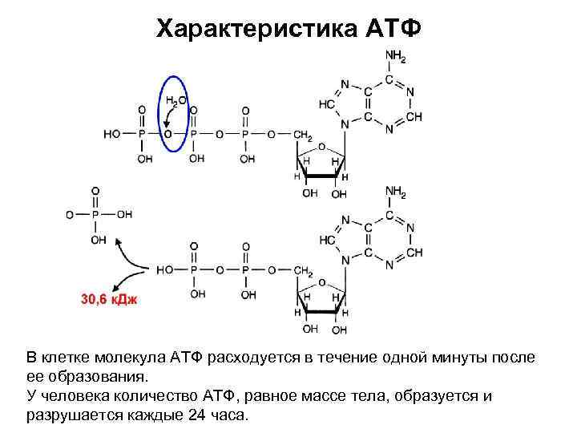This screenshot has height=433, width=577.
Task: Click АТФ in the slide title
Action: point(392,29)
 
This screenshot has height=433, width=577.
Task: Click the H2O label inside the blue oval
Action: point(176,101)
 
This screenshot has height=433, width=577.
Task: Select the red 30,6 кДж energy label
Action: point(109,298)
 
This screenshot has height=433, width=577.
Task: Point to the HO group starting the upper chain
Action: point(112,135)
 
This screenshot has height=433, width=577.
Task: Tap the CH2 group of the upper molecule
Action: point(302,135)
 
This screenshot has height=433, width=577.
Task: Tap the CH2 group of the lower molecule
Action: point(302,271)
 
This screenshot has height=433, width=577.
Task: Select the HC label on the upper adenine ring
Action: point(326,104)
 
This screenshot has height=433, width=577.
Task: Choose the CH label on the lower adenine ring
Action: point(414,252)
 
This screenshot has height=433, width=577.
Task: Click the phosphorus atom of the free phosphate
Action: point(97,215)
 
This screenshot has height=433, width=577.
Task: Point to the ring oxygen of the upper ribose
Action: point(321,147)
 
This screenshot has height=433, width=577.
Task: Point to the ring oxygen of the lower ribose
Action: point(321,283)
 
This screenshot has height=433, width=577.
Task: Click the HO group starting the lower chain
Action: point(165,271)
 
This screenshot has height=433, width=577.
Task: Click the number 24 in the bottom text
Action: point(197,416)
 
